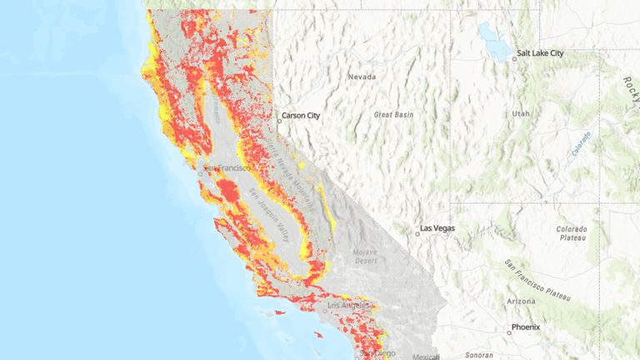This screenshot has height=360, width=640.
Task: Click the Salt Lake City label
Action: click(540, 53)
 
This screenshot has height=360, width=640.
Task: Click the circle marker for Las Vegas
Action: click(417, 233)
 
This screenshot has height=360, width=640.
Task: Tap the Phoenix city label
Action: click(526, 327)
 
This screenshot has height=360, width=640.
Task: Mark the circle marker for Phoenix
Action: click(508, 332)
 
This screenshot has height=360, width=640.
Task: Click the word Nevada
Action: click(362, 77)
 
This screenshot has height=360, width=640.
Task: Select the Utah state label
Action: click(521, 112)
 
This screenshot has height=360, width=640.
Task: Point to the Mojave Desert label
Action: click(363, 256)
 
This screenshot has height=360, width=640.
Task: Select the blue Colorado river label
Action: click(581, 144)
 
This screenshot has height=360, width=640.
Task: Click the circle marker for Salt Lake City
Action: click(514, 58)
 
